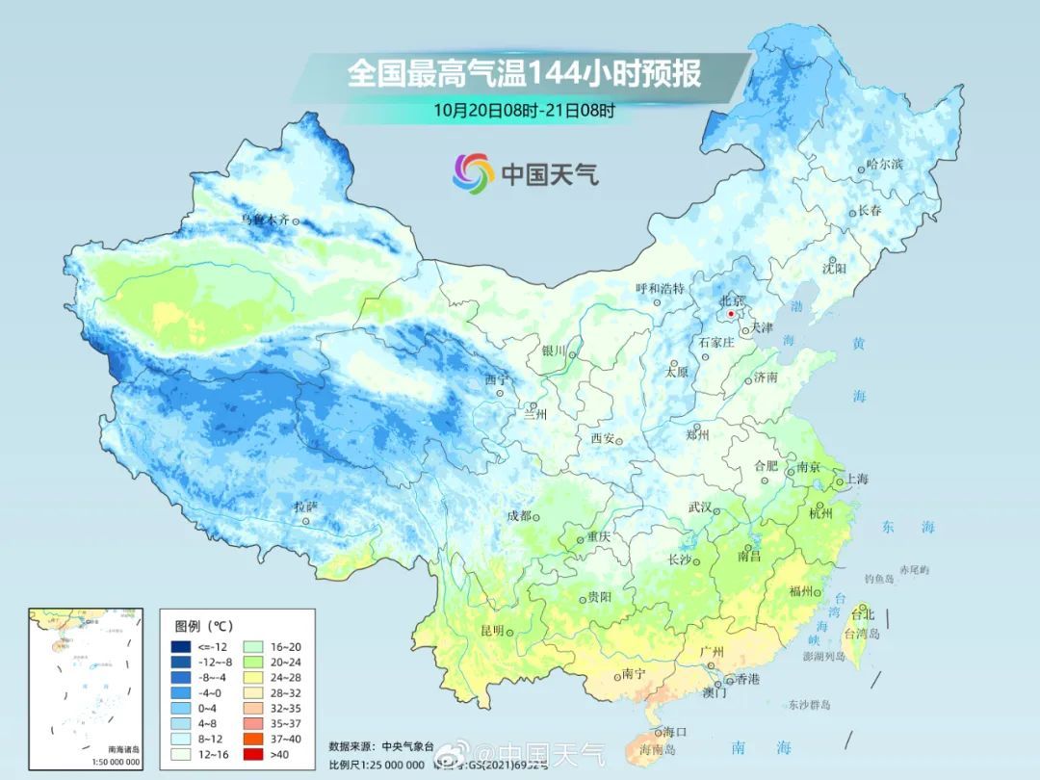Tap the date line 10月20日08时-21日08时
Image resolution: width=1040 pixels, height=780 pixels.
524,110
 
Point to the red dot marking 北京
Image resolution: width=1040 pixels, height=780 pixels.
731,314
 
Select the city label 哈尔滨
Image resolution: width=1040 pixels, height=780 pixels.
885,165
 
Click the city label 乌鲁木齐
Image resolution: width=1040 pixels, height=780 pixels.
264,221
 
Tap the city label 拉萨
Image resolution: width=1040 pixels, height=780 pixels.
305,507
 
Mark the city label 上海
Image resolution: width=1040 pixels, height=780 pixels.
857,480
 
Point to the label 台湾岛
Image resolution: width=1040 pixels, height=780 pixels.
862,634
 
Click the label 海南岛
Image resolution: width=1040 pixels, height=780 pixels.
659,749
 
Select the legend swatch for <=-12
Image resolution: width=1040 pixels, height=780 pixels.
180,647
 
